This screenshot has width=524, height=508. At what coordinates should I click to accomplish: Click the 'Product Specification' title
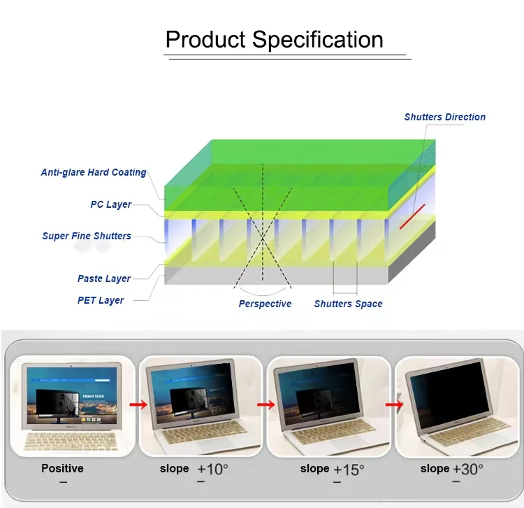pyautogui.click(x=274, y=39)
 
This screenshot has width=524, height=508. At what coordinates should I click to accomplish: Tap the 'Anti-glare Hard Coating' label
pyautogui.click(x=94, y=172)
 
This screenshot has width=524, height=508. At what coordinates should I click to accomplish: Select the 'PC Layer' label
pyautogui.click(x=111, y=204)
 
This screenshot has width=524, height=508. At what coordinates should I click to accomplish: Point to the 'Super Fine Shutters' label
pyautogui.click(x=87, y=236)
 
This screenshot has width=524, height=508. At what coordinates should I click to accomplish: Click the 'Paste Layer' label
pyautogui.click(x=104, y=278)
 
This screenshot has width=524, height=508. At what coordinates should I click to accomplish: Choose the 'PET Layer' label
pyautogui.click(x=101, y=300)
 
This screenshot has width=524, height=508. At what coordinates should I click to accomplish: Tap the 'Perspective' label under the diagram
pyautogui.click(x=265, y=304)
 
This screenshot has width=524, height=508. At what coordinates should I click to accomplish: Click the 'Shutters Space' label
pyautogui.click(x=348, y=304)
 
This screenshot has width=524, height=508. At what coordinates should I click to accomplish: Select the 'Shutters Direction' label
pyautogui.click(x=444, y=117)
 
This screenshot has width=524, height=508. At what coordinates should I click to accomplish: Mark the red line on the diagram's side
pyautogui.click(x=412, y=216)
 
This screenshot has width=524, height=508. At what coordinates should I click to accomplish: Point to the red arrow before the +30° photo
pyautogui.click(x=394, y=404)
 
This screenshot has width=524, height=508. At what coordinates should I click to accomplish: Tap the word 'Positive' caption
pyautogui.click(x=62, y=468)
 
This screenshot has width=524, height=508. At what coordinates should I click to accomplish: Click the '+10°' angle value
pyautogui.click(x=212, y=469)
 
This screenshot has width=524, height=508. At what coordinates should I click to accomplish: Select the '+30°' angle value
pyautogui.click(x=467, y=469)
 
